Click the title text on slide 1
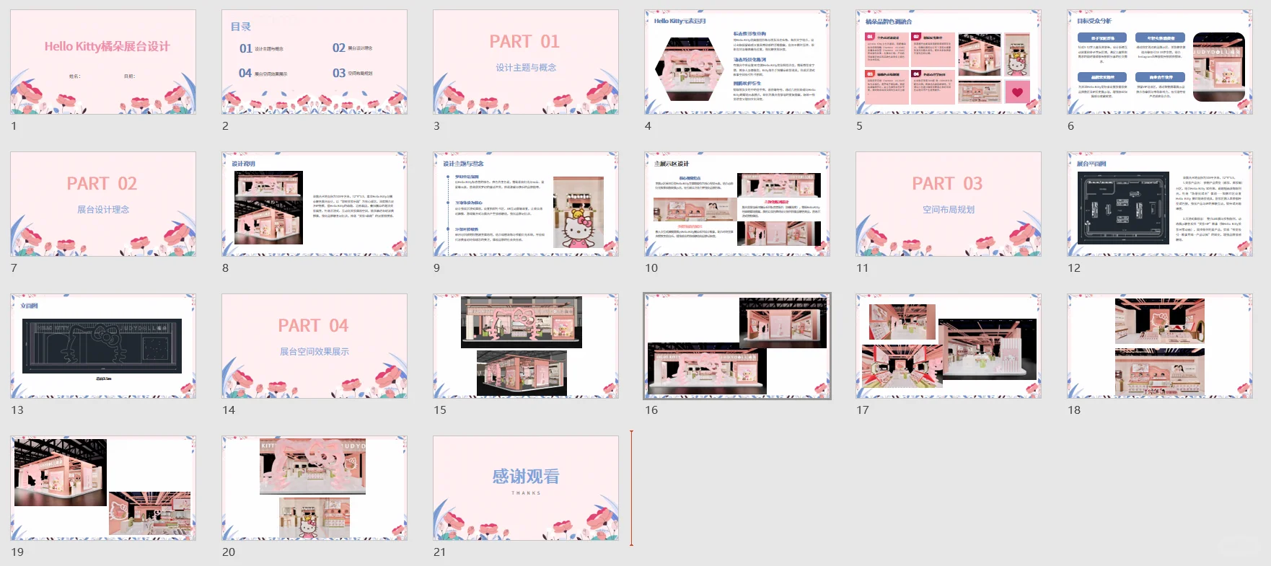107,46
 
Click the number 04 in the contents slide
245,73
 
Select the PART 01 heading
524,42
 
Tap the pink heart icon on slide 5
1017,92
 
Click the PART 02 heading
102,184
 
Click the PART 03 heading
947,184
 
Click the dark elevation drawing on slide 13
102,346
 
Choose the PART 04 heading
313,326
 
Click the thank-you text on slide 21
525,477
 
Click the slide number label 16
651,410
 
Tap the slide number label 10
651,268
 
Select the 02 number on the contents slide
338,48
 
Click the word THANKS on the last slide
525,493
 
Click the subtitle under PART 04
314,352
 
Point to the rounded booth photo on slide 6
1218,66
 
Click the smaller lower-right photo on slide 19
150,513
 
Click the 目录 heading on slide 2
240,27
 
